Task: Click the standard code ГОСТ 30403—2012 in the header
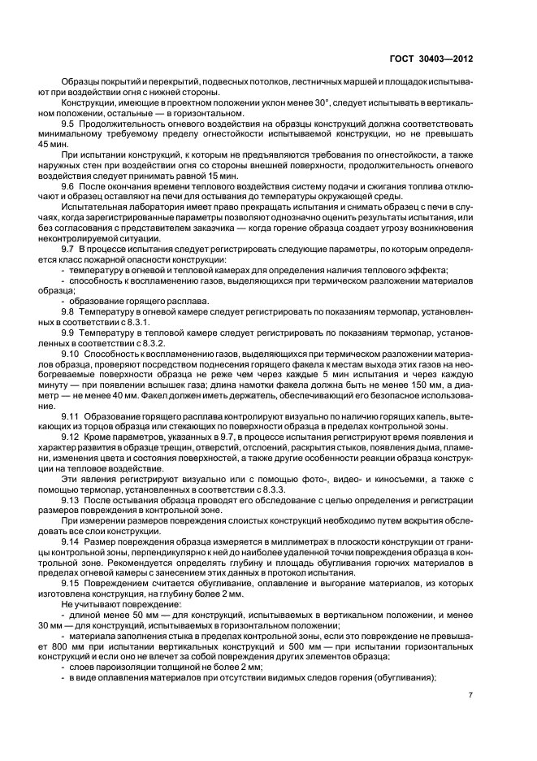(x=431, y=59)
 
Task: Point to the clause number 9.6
(x=70, y=186)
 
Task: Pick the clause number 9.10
(x=72, y=354)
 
